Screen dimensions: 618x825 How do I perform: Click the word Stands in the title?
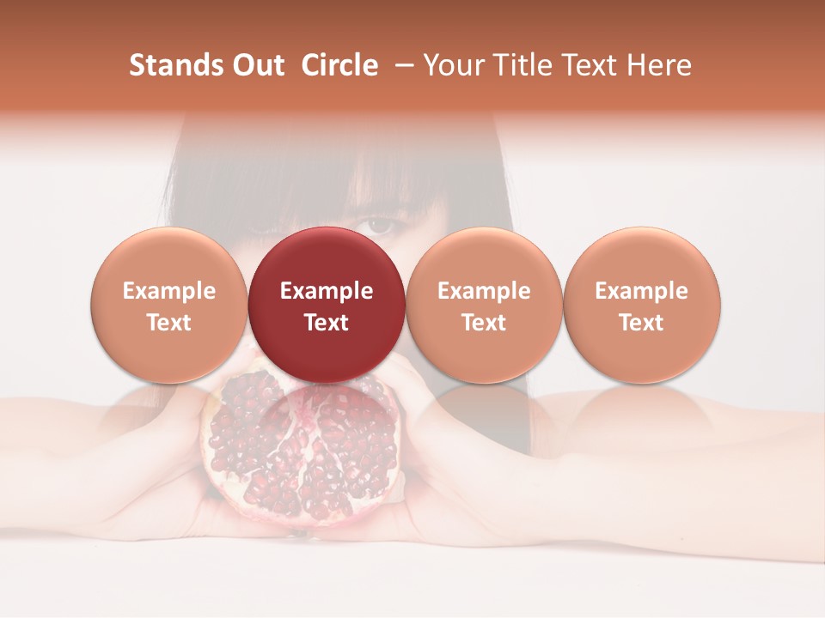(x=169, y=65)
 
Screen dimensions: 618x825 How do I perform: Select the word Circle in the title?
(x=339, y=65)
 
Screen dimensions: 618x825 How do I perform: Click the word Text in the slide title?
(x=587, y=65)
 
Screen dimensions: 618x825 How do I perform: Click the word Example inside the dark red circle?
(x=327, y=291)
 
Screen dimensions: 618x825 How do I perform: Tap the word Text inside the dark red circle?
(x=327, y=323)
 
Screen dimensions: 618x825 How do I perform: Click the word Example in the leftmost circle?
(x=169, y=291)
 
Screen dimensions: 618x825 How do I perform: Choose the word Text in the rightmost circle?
(x=641, y=323)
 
